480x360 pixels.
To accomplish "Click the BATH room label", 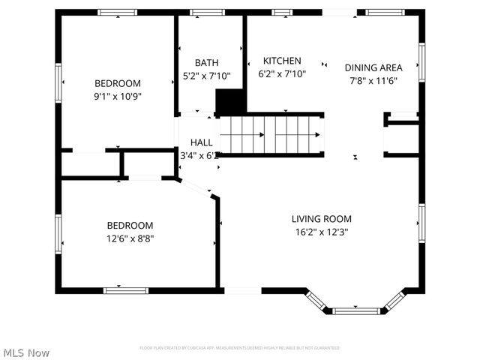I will pos(206,63).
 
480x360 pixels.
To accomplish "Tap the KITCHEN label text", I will pos(281,61).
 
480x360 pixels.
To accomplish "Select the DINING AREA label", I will pos(373,67).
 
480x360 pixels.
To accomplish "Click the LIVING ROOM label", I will pos(322,219).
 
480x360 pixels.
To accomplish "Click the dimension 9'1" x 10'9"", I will pos(117,97).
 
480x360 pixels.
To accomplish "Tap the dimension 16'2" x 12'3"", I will pos(322,232).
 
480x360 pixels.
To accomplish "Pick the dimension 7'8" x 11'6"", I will pos(373,80).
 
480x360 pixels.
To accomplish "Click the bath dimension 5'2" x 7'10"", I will pos(206,76).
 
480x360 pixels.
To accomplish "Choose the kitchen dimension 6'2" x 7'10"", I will pos(281,73).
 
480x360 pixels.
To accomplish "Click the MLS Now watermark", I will pos(26,352).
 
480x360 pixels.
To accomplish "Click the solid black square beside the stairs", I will pos(230,101).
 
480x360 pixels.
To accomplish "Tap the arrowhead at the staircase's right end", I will pos(318,135).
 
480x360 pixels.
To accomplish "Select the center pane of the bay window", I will pos(356,310).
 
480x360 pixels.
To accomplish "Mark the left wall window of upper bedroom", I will pos(58,82).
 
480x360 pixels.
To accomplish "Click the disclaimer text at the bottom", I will pos(239,348).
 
